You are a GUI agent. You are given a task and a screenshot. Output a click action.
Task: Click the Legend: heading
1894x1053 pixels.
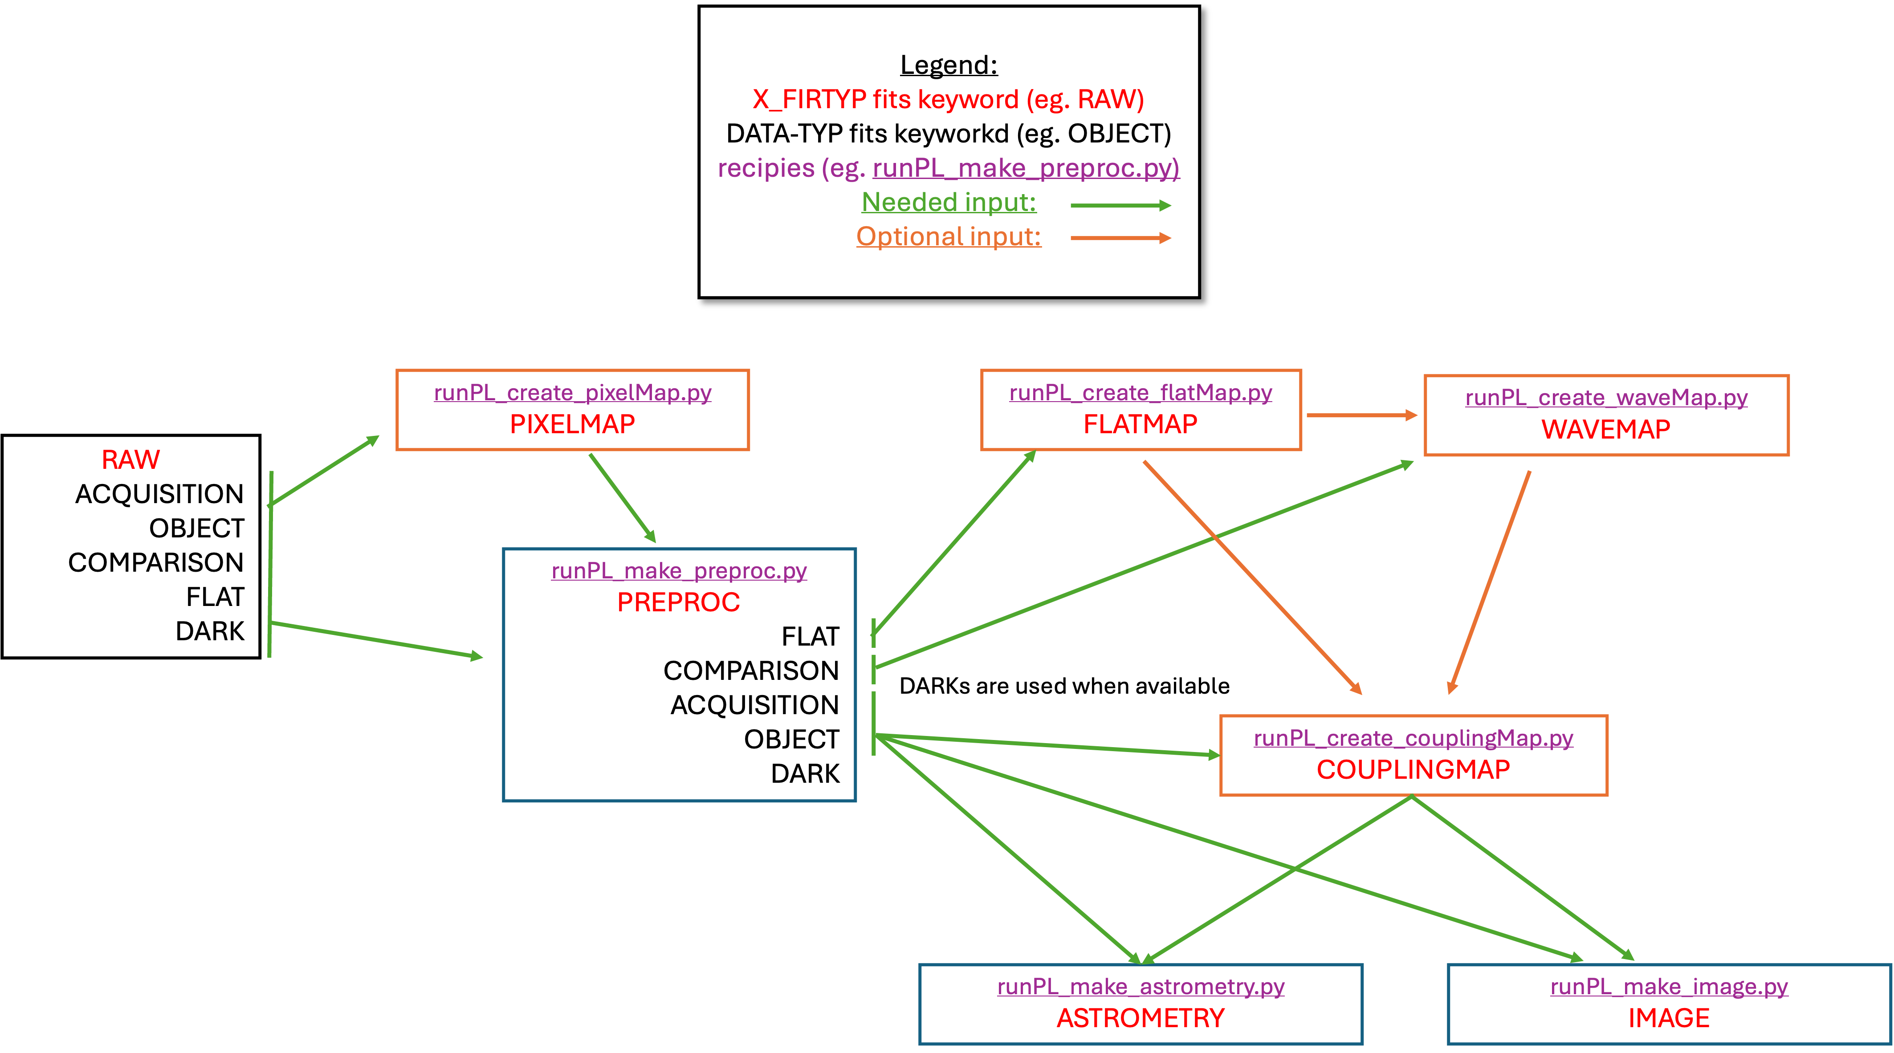[949, 65]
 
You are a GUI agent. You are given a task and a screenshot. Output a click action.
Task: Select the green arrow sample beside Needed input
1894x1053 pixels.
[1120, 206]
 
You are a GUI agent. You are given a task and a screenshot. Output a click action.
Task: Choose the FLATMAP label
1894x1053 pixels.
[1140, 424]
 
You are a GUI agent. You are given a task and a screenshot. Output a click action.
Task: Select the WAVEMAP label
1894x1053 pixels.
[1606, 429]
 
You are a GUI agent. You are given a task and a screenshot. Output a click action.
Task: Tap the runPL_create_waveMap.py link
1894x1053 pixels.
[1606, 398]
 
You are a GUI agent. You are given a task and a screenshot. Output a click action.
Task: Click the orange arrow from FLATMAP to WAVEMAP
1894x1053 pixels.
[1360, 415]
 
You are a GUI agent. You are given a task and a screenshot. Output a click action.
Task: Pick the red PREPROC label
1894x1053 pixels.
[678, 602]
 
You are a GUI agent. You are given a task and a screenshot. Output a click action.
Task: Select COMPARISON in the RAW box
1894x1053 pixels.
[156, 562]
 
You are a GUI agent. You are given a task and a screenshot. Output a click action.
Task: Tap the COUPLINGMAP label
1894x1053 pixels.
[1413, 770]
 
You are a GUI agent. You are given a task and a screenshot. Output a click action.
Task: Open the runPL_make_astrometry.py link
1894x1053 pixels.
[1140, 987]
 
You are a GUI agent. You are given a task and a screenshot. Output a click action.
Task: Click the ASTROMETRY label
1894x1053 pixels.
[1140, 1018]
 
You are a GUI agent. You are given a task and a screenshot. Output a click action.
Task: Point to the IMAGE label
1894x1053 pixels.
[1669, 1018]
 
